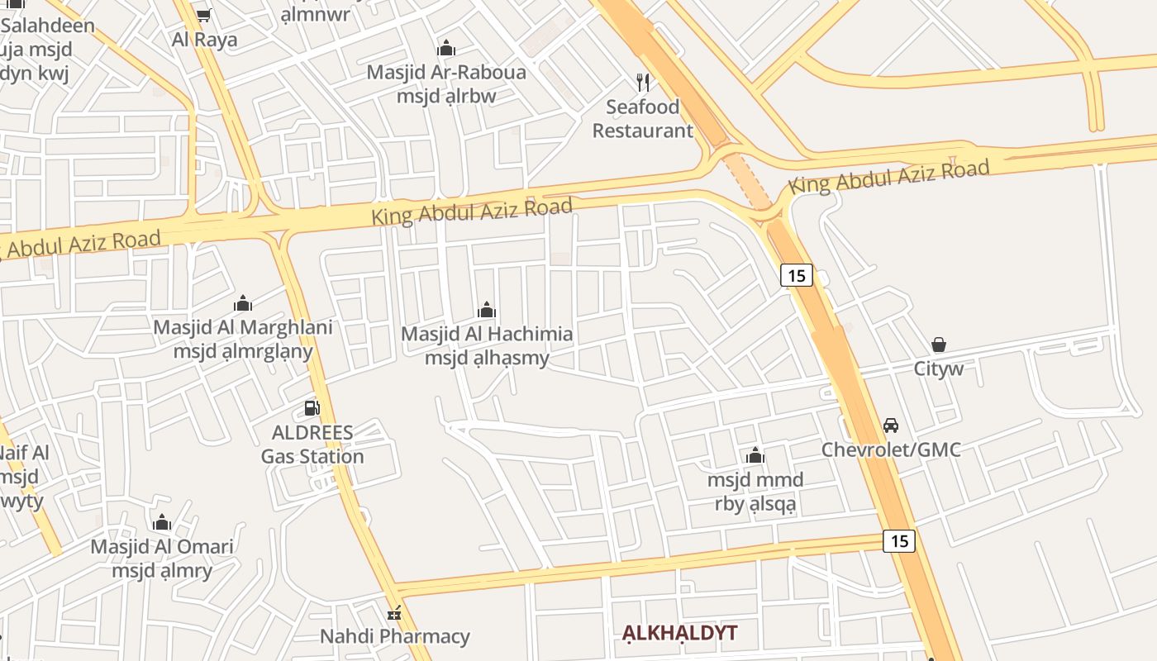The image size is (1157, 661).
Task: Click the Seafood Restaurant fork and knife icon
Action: click(x=643, y=82)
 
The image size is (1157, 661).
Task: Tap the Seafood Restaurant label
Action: click(x=643, y=119)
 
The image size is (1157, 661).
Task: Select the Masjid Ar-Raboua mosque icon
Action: click(x=446, y=48)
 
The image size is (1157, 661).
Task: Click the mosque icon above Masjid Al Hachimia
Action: click(x=487, y=310)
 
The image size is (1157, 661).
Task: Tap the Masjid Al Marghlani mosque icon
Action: click(x=243, y=303)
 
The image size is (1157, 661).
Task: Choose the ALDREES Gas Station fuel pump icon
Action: click(x=312, y=407)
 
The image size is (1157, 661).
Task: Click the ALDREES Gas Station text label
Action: click(x=312, y=445)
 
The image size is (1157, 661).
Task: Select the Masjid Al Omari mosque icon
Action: click(x=162, y=522)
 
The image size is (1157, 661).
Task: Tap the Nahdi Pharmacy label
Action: click(x=395, y=636)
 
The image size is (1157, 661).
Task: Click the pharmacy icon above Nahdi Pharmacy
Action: click(x=395, y=613)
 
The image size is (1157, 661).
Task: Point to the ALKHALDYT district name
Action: click(x=679, y=634)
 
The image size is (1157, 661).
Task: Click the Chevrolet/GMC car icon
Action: click(x=891, y=426)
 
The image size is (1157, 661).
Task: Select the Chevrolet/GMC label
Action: click(x=891, y=449)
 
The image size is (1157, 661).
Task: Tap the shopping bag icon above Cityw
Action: click(x=939, y=345)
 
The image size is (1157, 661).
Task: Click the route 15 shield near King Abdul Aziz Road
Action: click(x=797, y=275)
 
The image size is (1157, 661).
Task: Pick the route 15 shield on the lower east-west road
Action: click(x=899, y=541)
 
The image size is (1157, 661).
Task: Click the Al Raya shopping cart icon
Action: click(x=204, y=15)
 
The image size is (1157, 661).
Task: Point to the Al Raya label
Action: click(x=204, y=39)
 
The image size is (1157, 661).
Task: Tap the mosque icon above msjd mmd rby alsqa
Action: click(x=755, y=455)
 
